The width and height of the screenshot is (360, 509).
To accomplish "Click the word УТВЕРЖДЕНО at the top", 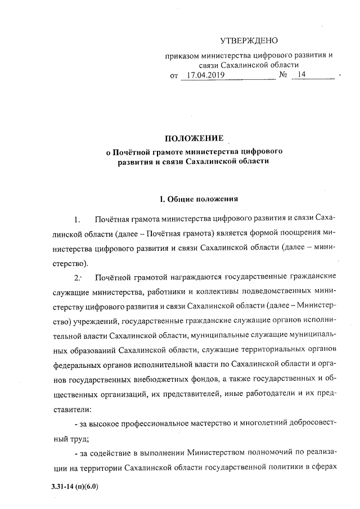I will tap(249, 40).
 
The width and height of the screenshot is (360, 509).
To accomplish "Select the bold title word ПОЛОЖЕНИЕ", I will tap(194, 138).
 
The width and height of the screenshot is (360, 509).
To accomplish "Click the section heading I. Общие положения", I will tap(200, 199).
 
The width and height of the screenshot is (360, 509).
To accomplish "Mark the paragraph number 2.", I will tap(78, 277).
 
